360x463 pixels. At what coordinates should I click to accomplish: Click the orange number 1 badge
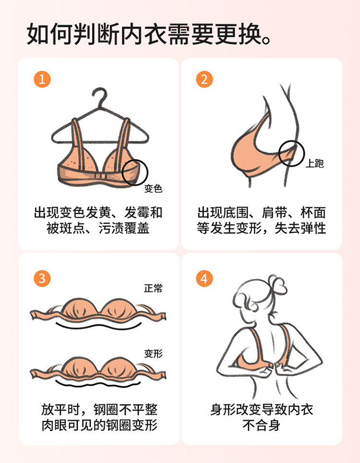[42, 79]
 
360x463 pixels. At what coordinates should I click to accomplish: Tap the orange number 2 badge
[204, 79]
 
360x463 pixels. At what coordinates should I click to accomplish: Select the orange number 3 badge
[42, 278]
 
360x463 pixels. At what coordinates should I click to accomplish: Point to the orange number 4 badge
[204, 278]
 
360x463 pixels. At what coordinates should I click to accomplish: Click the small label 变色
[153, 188]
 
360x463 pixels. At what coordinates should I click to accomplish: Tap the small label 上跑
[314, 163]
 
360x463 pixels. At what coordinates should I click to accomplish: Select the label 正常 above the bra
[153, 288]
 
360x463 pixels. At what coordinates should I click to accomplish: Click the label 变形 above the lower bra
[153, 353]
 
